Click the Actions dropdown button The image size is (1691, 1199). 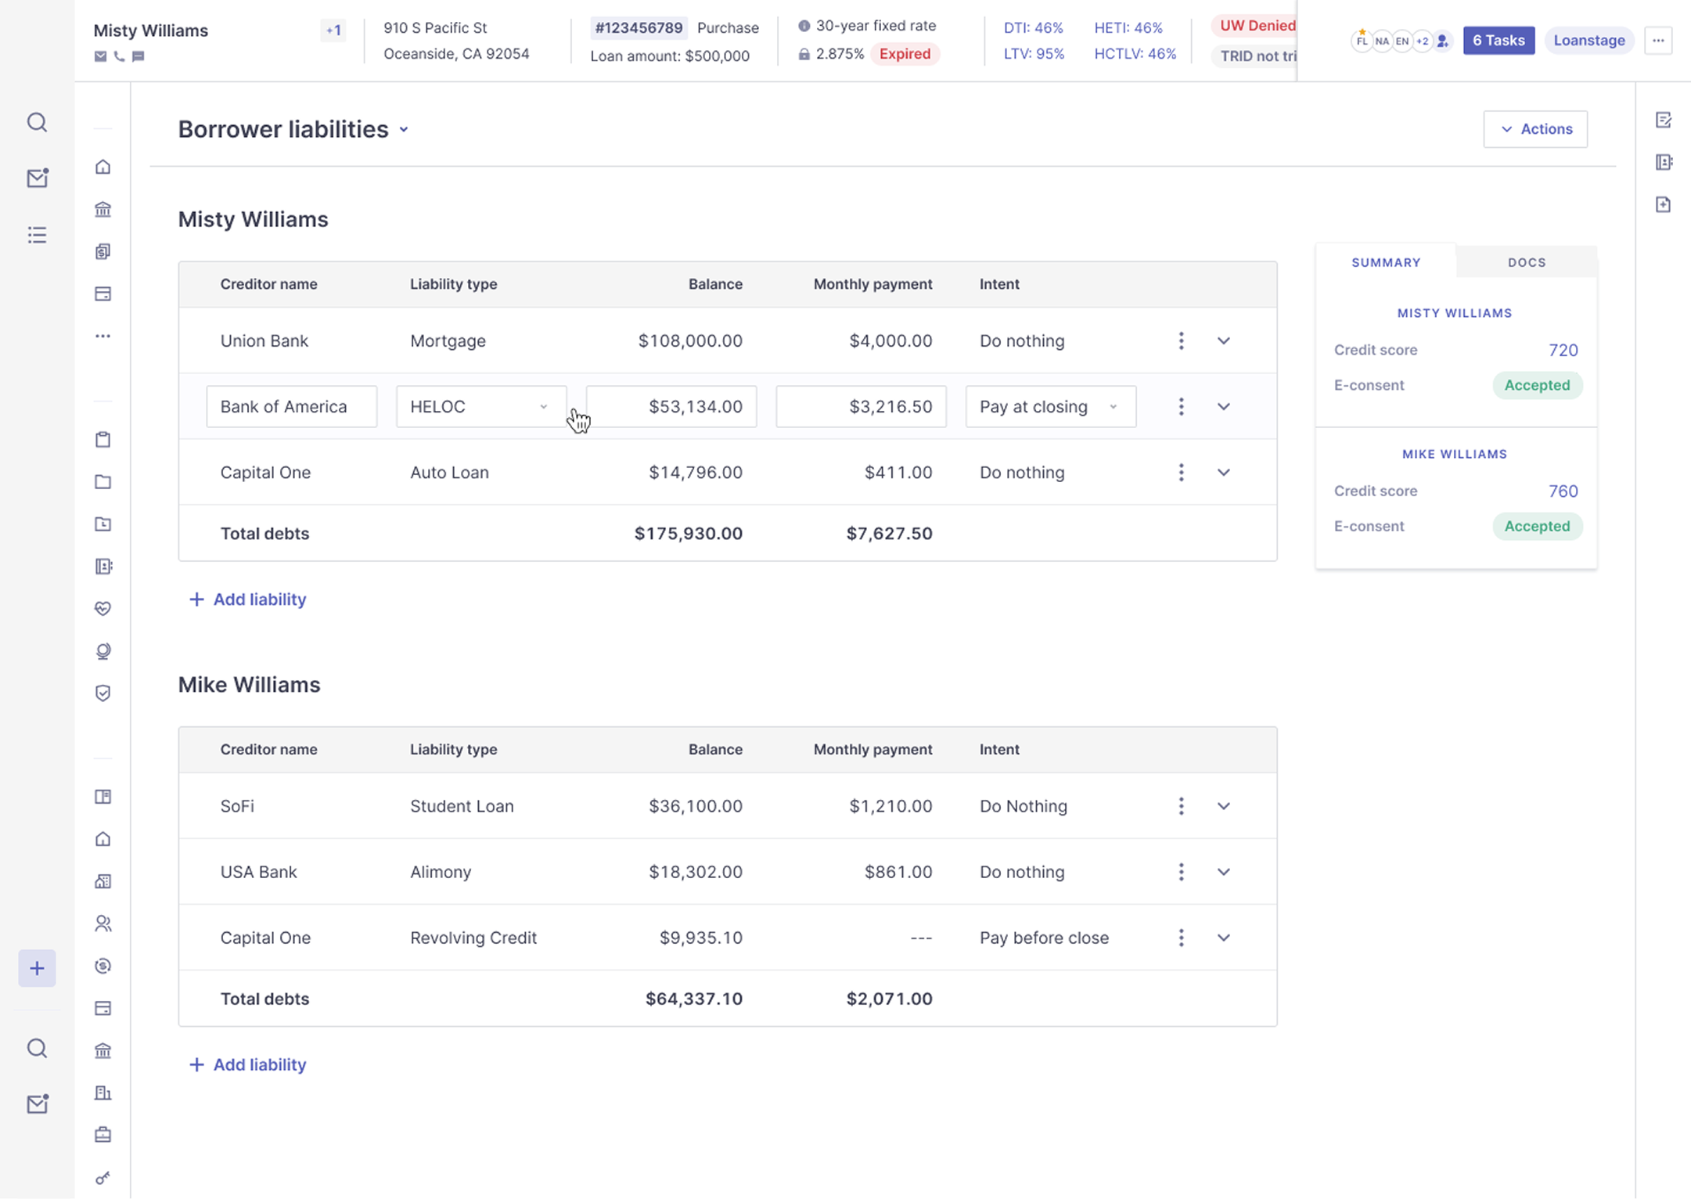pos(1535,129)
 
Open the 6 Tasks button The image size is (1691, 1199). pos(1499,41)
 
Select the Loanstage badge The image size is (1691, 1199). pos(1588,41)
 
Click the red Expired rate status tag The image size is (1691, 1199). pos(905,54)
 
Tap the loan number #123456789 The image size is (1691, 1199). pos(639,28)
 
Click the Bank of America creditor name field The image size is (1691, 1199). pos(292,406)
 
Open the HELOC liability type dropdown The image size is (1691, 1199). pos(481,406)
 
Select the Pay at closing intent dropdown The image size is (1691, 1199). pos(1050,406)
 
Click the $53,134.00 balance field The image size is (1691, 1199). pos(671,406)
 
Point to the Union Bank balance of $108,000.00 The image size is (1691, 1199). pos(690,341)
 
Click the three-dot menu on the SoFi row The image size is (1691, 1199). pos(1181,806)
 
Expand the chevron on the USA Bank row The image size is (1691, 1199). pos(1224,872)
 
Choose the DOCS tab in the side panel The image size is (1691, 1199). pos(1527,262)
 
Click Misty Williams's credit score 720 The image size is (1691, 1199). pos(1563,351)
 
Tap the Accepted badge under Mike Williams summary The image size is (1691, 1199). pos(1537,526)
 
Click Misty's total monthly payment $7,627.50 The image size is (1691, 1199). pos(889,534)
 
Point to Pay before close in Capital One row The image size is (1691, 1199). pos(1044,938)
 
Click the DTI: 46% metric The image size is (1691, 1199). pos(1033,28)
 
